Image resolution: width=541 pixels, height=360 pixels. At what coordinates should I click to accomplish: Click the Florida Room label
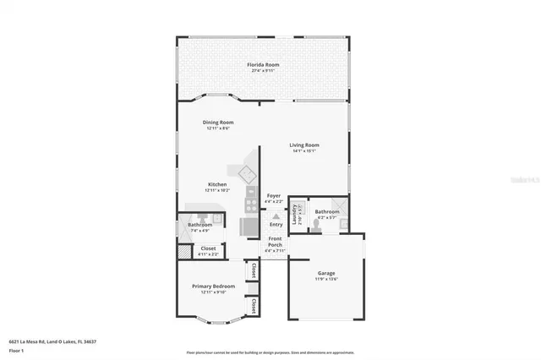coord(263,65)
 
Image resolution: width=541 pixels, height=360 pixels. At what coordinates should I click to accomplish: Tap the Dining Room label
coord(218,123)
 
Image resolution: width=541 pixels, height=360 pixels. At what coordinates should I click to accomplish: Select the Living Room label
coord(305,145)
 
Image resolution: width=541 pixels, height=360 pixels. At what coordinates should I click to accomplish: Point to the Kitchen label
coord(217,185)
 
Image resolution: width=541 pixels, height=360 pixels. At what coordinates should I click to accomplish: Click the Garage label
coord(326,273)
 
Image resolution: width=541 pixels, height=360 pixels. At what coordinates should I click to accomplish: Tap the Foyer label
coord(274,196)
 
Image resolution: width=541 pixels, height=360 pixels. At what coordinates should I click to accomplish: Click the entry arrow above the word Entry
coord(276,215)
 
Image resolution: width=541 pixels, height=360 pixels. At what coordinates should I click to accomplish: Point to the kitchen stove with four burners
coord(251,203)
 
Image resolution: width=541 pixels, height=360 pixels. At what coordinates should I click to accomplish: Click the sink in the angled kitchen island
coord(249,175)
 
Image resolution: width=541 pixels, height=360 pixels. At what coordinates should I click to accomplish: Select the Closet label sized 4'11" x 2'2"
coord(208,248)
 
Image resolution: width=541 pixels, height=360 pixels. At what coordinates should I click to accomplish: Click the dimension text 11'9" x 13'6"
coord(326,279)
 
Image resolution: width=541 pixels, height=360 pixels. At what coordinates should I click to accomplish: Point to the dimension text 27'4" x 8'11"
coord(263,71)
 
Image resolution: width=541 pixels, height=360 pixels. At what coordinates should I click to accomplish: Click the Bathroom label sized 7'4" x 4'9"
coord(199,225)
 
